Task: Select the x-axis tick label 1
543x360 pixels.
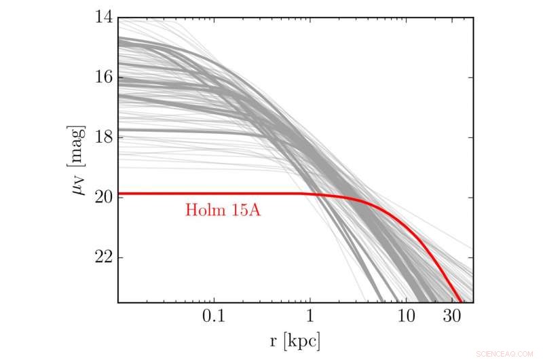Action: pos(310,318)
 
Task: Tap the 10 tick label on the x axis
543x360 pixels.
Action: pos(405,318)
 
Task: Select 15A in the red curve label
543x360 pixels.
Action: pos(246,211)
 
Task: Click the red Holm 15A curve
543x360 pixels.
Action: pos(204,194)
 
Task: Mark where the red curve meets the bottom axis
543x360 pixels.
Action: pos(461,302)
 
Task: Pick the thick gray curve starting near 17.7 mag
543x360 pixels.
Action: pos(170,130)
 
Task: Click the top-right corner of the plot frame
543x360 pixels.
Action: pos(473,18)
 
